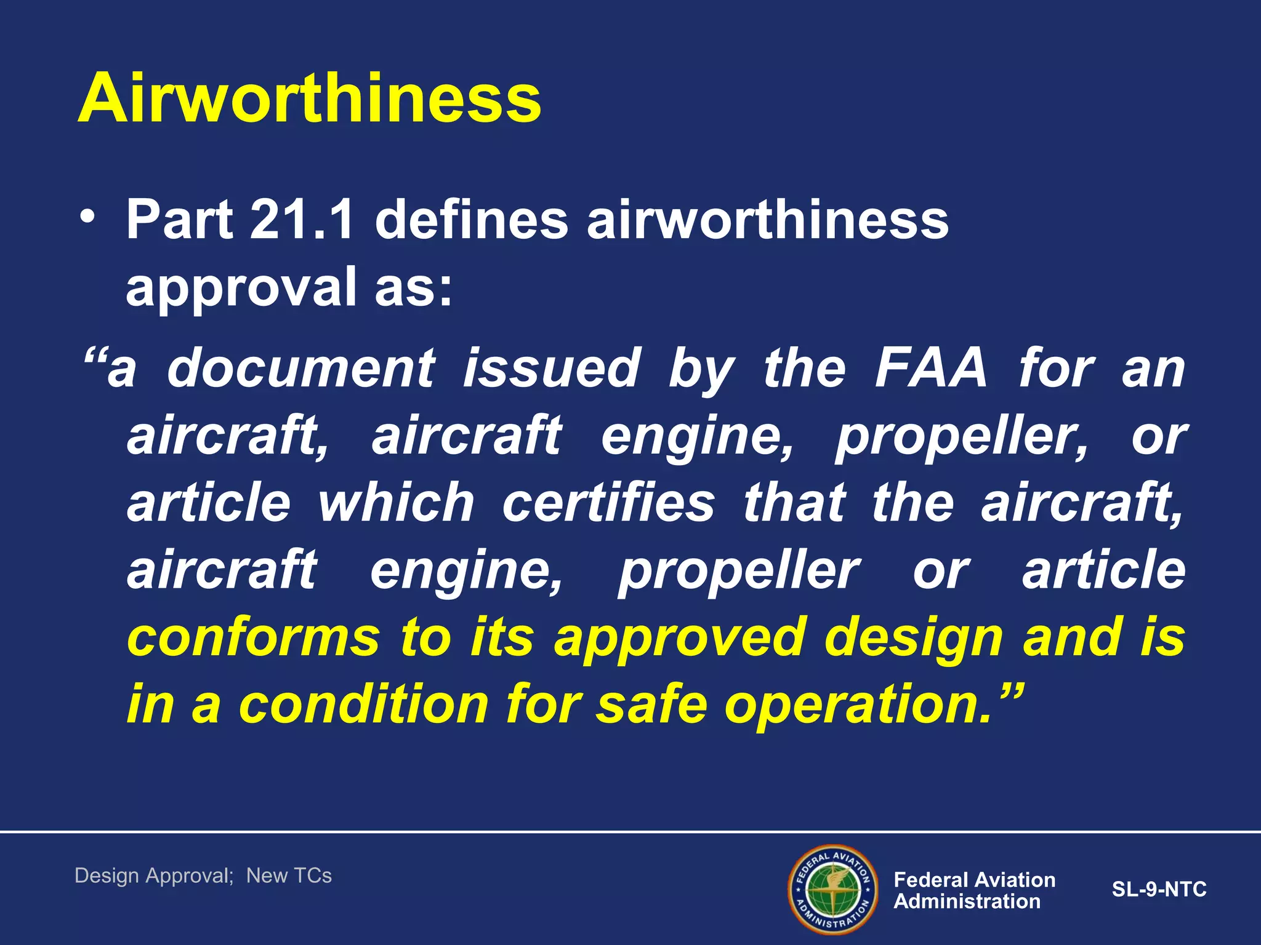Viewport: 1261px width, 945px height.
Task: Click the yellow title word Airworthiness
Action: pos(309,98)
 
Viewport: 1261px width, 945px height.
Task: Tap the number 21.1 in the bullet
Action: pos(302,220)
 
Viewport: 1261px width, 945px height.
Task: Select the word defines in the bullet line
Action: pos(471,220)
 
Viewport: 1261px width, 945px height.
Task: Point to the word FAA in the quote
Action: pos(931,369)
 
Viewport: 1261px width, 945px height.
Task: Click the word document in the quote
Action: pos(301,369)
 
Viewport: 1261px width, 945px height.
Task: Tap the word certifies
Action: pos(608,503)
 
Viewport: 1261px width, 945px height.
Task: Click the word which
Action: pos(396,503)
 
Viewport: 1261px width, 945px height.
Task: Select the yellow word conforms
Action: pos(254,638)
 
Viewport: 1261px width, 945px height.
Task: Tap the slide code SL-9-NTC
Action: pos(1159,890)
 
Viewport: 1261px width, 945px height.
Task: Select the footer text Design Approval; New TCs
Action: pos(203,875)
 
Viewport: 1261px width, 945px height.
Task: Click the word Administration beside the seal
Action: pos(967,902)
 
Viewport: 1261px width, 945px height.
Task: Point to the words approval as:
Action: pos(289,287)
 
